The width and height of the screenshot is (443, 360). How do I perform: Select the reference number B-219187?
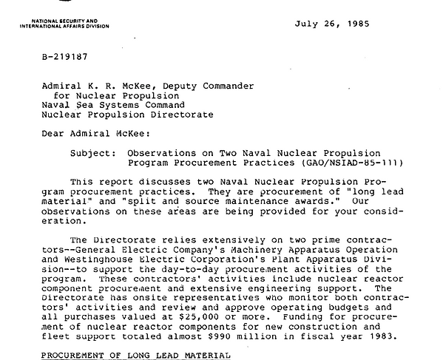(x=66, y=56)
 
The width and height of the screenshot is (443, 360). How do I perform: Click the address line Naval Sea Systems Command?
(x=115, y=106)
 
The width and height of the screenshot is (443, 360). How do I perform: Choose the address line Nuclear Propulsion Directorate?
(x=127, y=115)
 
